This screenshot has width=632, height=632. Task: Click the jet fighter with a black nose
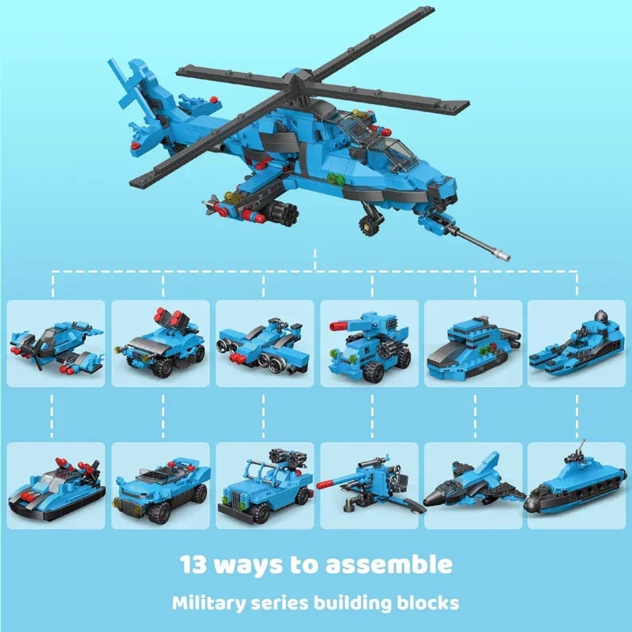tap(473, 484)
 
